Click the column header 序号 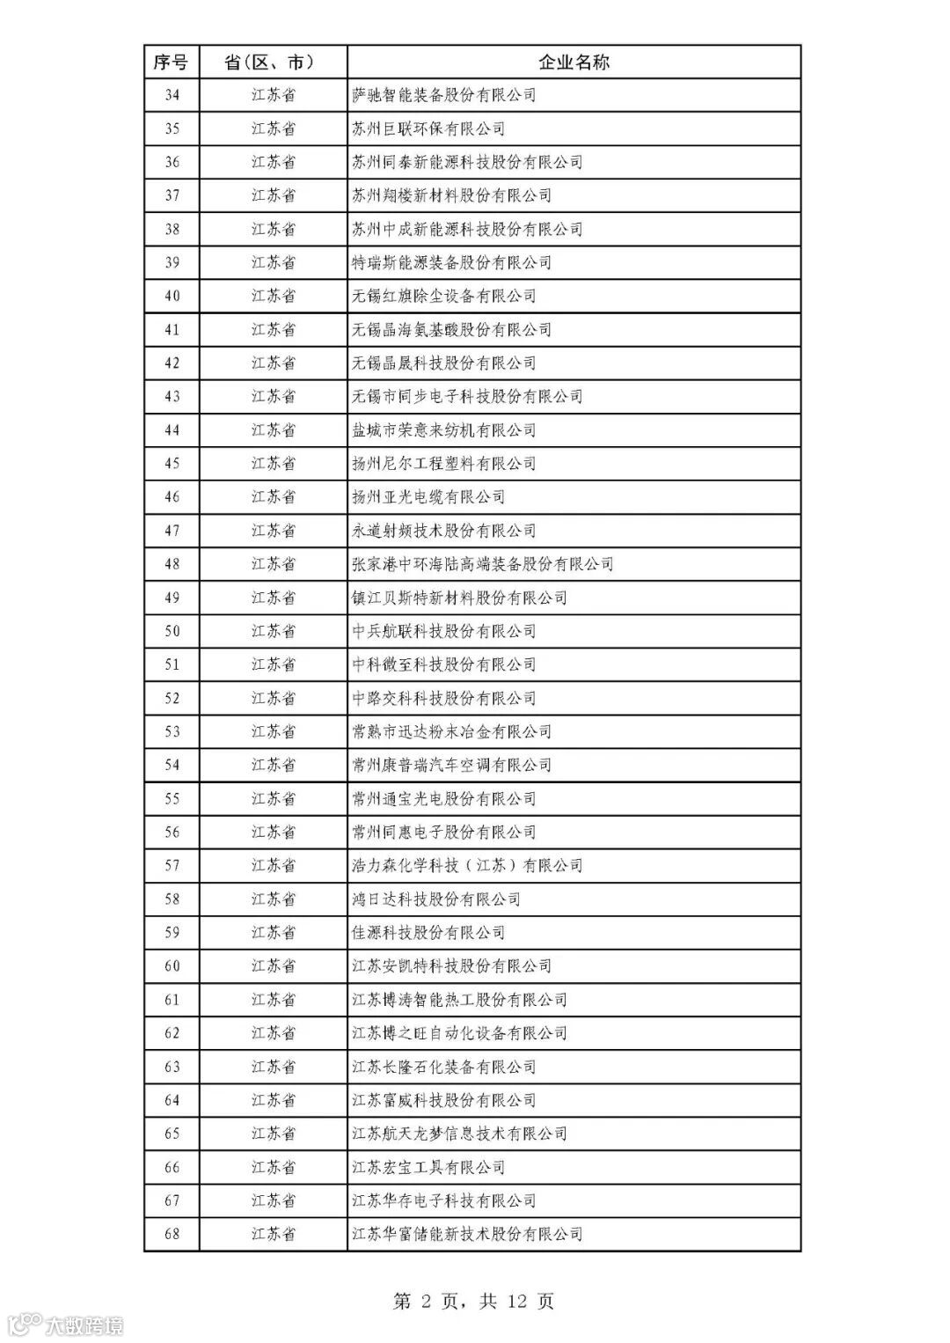pos(172,62)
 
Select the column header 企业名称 pos(574,62)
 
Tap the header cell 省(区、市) pos(273,62)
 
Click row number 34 pos(172,95)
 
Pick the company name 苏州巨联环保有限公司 pos(428,128)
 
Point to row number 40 pos(172,296)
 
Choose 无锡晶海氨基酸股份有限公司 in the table pos(451,330)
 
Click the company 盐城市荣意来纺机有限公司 pos(443,430)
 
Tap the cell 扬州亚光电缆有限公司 pos(428,497)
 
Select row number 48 pos(172,564)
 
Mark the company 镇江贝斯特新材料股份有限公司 pos(459,598)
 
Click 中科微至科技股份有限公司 pos(443,664)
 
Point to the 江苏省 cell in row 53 pos(273,731)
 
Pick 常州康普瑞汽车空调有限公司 pos(451,765)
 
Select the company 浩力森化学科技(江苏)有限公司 pos(467,865)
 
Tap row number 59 pos(172,932)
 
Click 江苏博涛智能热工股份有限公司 pos(459,1000)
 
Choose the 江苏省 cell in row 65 pos(273,1134)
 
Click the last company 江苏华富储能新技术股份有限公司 pos(467,1234)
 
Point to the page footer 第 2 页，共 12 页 pos(473,1301)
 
